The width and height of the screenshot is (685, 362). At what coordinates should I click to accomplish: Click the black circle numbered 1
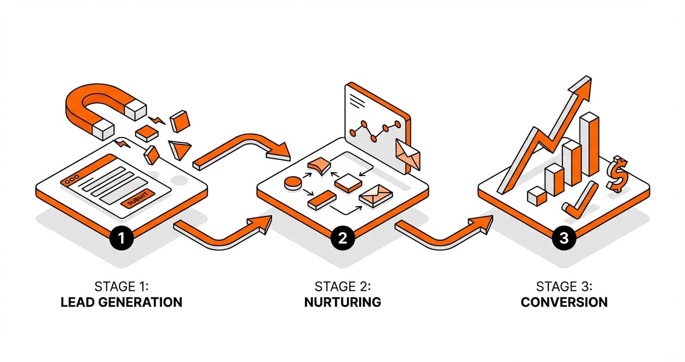tap(120, 238)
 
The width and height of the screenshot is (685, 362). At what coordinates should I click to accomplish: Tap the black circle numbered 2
tap(342, 238)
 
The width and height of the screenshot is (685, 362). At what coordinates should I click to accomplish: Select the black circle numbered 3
tap(564, 238)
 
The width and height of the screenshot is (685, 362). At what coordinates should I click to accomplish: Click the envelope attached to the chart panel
tap(407, 153)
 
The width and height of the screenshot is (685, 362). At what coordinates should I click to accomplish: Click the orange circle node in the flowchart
tap(292, 182)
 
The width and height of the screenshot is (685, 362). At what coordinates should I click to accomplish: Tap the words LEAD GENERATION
tap(121, 302)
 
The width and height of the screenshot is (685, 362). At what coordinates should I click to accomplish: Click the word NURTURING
tap(342, 302)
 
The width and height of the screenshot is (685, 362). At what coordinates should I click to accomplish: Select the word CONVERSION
tap(564, 302)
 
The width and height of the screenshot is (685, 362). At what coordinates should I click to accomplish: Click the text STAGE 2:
tap(342, 287)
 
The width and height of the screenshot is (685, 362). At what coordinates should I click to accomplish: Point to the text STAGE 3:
tap(564, 287)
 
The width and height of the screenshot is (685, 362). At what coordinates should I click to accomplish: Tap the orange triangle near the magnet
tap(180, 149)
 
